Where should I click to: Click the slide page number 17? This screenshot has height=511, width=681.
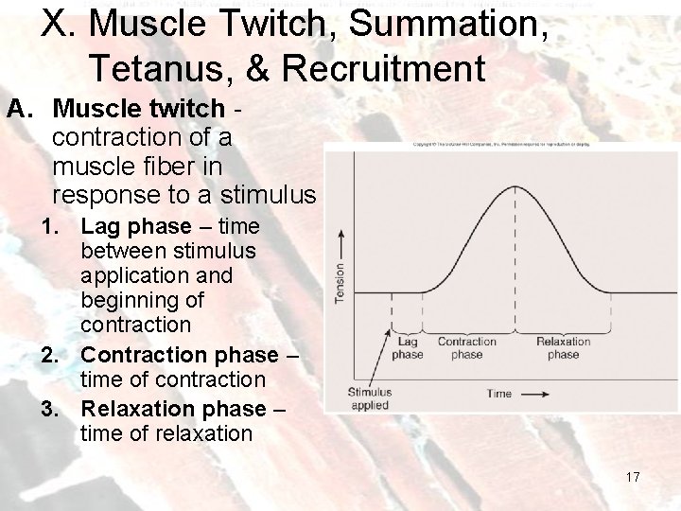(632, 477)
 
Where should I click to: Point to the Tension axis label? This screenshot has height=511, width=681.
(340, 281)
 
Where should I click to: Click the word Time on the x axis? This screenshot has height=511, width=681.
(498, 393)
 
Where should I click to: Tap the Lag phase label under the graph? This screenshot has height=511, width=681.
(408, 348)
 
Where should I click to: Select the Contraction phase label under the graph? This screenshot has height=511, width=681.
(466, 348)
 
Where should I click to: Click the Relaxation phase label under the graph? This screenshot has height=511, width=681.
(563, 348)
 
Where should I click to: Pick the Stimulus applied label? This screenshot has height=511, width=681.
(369, 397)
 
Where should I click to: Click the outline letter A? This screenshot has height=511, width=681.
(16, 110)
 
